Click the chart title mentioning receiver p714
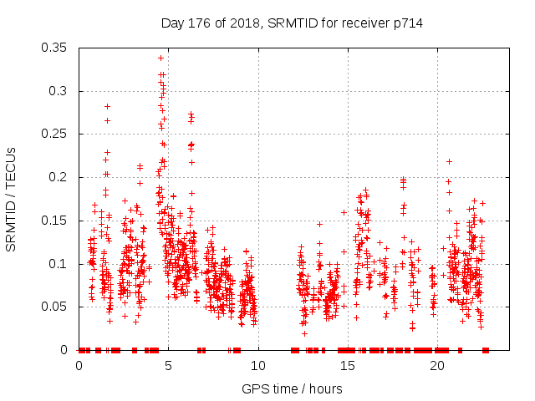[292, 23]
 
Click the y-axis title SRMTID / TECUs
[12, 198]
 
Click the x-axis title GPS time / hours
[293, 388]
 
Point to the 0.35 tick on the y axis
[57, 48]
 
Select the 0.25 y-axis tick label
[57, 134]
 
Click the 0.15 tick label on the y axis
[57, 221]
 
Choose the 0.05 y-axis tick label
[57, 307]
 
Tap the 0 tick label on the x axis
[79, 366]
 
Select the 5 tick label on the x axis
[169, 366]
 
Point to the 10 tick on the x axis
[258, 366]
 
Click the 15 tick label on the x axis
[348, 366]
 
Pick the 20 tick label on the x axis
[437, 366]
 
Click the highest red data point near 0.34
[160, 58]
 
